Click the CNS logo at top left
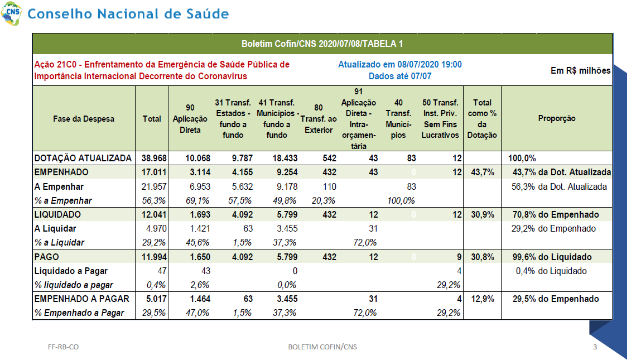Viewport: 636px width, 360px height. pos(11,13)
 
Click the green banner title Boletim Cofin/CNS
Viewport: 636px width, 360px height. pos(322,44)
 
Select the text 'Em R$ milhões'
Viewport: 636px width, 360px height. pos(580,71)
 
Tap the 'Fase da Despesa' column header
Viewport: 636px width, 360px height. pos(84,119)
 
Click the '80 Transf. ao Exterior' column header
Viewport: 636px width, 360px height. pos(319,118)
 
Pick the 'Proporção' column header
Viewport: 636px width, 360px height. pos(557,118)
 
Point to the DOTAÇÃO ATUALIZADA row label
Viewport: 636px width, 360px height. pos(83,158)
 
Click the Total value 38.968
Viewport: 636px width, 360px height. pos(154,159)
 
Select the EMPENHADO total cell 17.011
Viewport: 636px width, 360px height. pos(154,172)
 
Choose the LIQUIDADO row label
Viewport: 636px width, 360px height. pos(57,214)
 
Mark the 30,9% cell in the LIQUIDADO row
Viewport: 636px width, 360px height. pos(482,215)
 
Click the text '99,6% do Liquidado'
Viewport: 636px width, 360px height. pos(552,257)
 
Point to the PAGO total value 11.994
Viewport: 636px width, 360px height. pos(154,257)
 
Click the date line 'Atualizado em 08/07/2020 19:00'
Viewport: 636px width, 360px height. pos(400,65)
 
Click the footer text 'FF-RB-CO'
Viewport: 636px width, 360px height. pos(63,347)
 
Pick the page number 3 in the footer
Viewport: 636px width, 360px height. pos(595,347)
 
